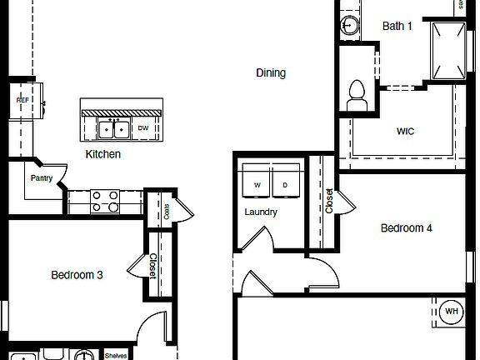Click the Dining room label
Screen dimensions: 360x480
[x=271, y=73]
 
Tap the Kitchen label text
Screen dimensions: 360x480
[x=103, y=154]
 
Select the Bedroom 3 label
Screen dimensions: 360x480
[x=77, y=275]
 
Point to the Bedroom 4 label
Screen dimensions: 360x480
[x=407, y=228]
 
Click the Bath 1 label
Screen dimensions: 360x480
[x=397, y=26]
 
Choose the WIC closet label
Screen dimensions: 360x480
[x=405, y=132]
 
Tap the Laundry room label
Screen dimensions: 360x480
[x=261, y=212]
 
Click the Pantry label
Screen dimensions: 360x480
[x=42, y=177]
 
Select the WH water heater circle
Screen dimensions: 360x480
[x=452, y=312]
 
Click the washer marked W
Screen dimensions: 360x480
[x=257, y=184]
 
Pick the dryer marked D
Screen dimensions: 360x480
[x=285, y=184]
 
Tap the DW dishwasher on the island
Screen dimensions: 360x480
[x=143, y=128]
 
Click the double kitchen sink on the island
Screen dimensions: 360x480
[x=113, y=129]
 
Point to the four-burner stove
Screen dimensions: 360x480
[x=105, y=202]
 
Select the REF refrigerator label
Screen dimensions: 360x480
[x=22, y=100]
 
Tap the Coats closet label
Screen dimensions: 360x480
[x=167, y=212]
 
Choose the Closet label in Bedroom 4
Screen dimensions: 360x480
[x=329, y=201]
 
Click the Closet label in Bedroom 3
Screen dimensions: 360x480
[x=152, y=266]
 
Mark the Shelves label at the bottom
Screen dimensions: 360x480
[x=116, y=356]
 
